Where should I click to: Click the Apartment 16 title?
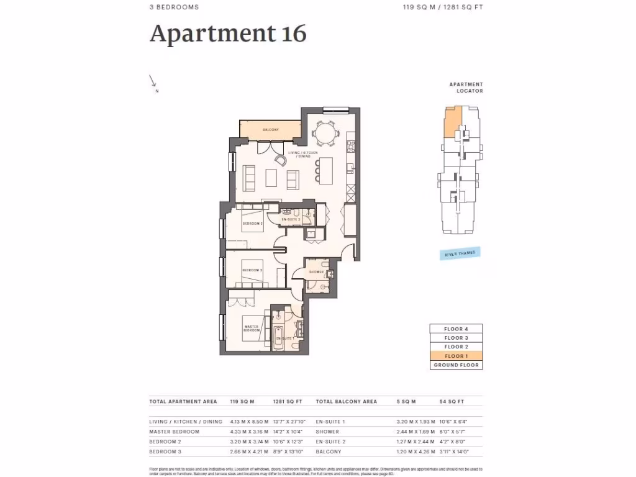point(228,34)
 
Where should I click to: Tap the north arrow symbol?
point(153,81)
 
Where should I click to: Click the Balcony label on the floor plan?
point(270,130)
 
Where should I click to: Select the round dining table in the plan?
point(324,132)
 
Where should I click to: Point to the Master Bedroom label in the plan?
point(252,329)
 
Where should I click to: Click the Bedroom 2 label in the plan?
point(253,223)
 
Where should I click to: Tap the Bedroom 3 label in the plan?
point(252,270)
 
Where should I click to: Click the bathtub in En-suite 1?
point(277,339)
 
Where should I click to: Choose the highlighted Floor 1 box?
point(456,356)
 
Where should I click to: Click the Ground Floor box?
point(456,365)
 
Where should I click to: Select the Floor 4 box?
point(456,329)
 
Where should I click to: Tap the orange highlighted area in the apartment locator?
point(450,120)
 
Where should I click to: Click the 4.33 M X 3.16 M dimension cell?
point(248,431)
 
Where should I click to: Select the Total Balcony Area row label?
point(347,401)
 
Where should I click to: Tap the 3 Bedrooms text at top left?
point(174,7)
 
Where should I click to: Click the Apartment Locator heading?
point(466,87)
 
